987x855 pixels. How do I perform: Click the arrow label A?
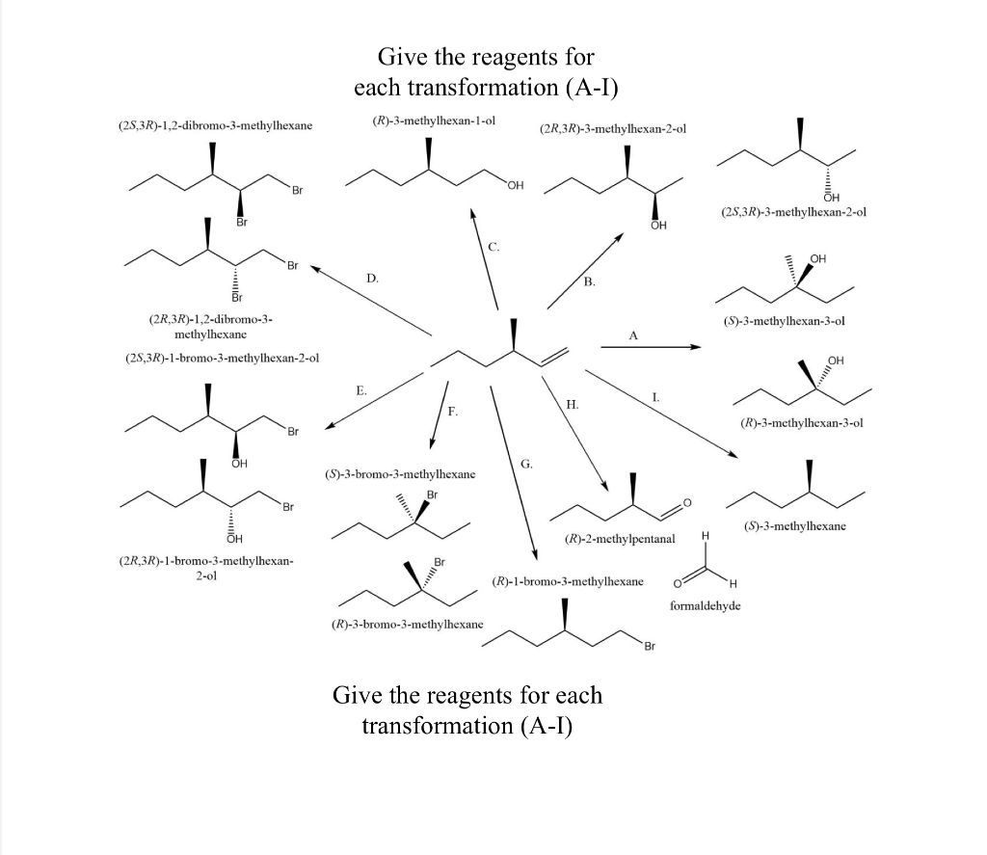coord(633,335)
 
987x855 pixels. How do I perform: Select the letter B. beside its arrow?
coord(590,281)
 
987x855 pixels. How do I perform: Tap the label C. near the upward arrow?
coord(494,248)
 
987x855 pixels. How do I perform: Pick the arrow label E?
coord(360,390)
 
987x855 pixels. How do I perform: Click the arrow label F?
coord(452,412)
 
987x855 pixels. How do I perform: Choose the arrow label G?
coord(526,464)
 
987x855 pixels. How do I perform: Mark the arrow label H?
coord(573,405)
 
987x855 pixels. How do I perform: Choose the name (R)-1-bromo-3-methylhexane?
coord(567,582)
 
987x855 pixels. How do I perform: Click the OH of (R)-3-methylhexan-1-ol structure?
coord(515,185)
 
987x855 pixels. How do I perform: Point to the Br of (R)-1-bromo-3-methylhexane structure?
coord(649,646)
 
